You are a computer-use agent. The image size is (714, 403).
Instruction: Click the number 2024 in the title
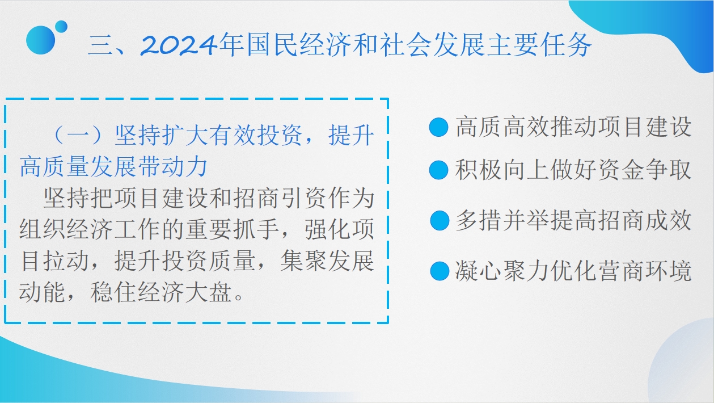click(x=179, y=45)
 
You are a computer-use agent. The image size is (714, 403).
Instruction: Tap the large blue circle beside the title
click(x=40, y=40)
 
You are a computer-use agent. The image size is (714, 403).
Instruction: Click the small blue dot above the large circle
click(x=61, y=27)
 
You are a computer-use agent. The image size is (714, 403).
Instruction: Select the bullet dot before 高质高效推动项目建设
click(x=438, y=127)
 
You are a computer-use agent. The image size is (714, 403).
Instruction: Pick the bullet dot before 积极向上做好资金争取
click(x=438, y=170)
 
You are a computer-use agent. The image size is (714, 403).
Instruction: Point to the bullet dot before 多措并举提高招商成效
click(x=440, y=220)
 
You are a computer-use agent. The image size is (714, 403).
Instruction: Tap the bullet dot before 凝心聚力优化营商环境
click(x=440, y=271)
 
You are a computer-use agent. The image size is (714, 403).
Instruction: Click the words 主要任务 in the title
click(x=540, y=45)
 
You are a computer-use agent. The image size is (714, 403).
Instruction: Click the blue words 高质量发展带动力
click(x=113, y=166)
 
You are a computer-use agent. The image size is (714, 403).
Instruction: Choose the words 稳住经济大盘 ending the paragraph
click(x=161, y=292)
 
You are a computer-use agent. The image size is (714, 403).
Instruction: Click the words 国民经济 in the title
click(x=299, y=45)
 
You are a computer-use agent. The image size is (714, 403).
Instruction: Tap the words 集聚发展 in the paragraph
click(x=327, y=261)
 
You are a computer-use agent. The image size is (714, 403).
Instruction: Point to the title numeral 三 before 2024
click(x=100, y=45)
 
